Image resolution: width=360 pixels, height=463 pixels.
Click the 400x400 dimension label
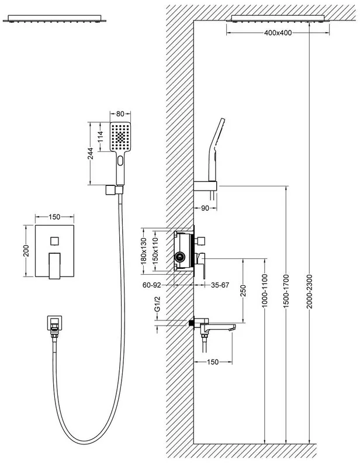pyautogui.click(x=278, y=33)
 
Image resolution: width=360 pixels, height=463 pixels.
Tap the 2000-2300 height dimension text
pyautogui.click(x=309, y=292)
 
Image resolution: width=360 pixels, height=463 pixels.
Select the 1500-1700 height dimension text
pyautogui.click(x=286, y=292)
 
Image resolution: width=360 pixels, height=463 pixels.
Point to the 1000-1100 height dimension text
pyautogui.click(x=264, y=291)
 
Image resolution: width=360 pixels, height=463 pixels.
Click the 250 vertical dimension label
pyautogui.click(x=243, y=291)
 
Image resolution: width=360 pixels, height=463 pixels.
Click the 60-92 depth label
pyautogui.click(x=152, y=285)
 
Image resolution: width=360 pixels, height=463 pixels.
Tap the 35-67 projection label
pyautogui.click(x=220, y=285)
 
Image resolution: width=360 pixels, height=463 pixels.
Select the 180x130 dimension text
pyautogui.click(x=143, y=251)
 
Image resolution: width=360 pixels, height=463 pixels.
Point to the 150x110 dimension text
pyautogui.click(x=155, y=251)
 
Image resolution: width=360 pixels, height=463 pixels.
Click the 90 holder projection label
pyautogui.click(x=205, y=208)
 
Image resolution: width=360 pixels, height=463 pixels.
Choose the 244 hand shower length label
pyautogui.click(x=91, y=154)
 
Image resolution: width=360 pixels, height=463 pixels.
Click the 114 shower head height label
pyautogui.click(x=101, y=137)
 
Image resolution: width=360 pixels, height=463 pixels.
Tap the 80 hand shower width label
pyautogui.click(x=120, y=113)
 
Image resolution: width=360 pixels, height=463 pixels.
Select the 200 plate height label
pyautogui.click(x=26, y=251)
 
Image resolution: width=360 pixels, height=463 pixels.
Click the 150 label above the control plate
pyautogui.click(x=54, y=217)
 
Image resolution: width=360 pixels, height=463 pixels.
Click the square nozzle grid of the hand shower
pyautogui.click(x=120, y=137)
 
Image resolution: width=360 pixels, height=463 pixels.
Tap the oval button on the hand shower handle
pyautogui.click(x=120, y=161)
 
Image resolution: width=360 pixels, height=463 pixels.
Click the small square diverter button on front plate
pyautogui.click(x=54, y=241)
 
